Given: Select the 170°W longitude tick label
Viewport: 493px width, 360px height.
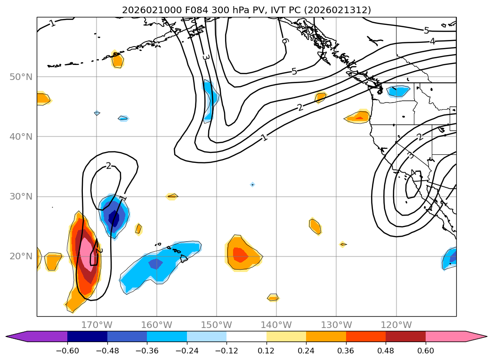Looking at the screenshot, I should click(97, 325).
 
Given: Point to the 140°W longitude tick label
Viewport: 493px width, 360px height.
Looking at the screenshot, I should click(276, 325).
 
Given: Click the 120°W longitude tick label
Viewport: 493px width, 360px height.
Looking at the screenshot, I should click(396, 325).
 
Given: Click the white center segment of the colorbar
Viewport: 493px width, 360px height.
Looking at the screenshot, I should click(246, 336).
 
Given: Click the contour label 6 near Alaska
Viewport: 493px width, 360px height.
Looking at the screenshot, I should click(284, 41).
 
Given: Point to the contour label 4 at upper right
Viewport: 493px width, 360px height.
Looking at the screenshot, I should click(432, 41).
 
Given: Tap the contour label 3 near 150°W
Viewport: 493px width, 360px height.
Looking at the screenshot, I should click(205, 57).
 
